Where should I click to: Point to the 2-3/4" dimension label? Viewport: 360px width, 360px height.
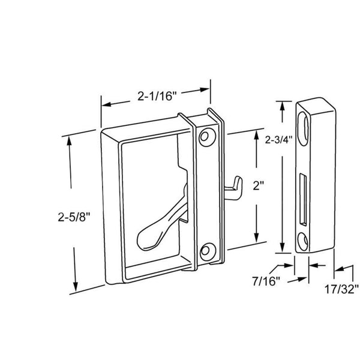coord(278,140)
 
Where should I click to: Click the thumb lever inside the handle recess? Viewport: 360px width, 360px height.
coord(157,228)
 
